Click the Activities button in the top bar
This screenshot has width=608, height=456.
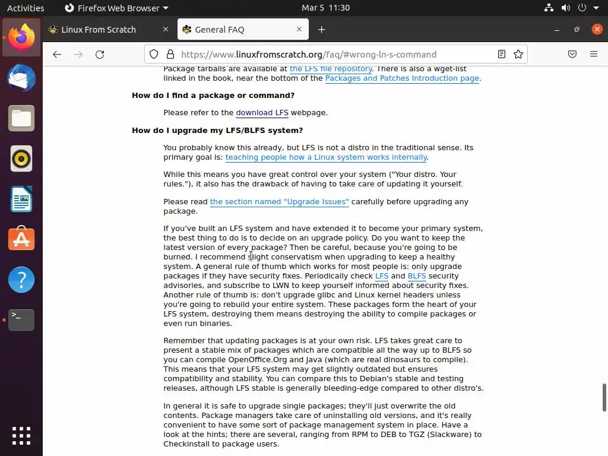click(x=26, y=8)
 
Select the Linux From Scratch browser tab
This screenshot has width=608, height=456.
click(x=99, y=30)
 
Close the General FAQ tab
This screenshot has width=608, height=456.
click(x=299, y=29)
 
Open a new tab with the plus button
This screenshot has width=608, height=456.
click(x=321, y=30)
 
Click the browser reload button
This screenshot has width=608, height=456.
click(x=100, y=54)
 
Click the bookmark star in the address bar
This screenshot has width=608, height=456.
click(x=518, y=54)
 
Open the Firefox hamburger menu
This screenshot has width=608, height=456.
click(x=593, y=54)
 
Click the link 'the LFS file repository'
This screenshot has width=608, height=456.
click(x=331, y=69)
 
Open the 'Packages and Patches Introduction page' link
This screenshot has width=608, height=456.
click(x=402, y=78)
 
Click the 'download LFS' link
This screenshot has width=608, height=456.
click(x=262, y=113)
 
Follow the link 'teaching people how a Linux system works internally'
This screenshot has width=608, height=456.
click(x=326, y=157)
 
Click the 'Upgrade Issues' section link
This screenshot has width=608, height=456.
click(x=279, y=202)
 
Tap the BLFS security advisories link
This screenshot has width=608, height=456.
click(x=417, y=276)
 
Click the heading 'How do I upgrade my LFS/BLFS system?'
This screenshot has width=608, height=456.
click(x=217, y=131)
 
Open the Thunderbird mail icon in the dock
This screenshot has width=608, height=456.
click(x=21, y=78)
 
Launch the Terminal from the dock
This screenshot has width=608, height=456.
click(x=21, y=320)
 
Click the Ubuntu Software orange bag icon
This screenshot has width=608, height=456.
click(x=21, y=239)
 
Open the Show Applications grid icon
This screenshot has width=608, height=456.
click(x=21, y=435)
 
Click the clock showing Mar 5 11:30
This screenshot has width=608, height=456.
click(x=325, y=8)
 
